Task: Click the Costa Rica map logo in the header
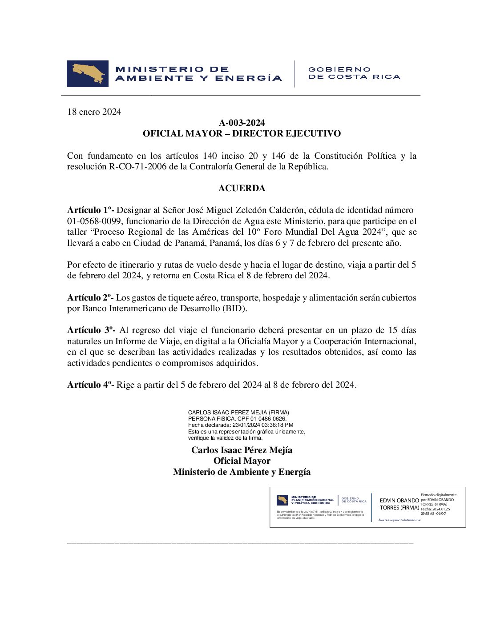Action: click(88, 74)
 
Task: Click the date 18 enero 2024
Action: click(94, 112)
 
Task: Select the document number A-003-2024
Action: click(242, 123)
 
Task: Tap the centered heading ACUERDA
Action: click(242, 188)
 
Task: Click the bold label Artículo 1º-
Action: click(90, 210)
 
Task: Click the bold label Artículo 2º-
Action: click(90, 297)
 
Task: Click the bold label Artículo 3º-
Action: click(91, 330)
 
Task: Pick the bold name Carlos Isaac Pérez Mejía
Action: click(242, 450)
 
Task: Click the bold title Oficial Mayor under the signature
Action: click(242, 461)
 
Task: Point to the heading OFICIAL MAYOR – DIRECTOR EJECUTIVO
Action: click(242, 133)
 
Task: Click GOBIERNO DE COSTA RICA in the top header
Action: click(354, 73)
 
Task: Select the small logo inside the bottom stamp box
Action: click(282, 500)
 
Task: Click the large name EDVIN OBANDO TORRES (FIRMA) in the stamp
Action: click(399, 504)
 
